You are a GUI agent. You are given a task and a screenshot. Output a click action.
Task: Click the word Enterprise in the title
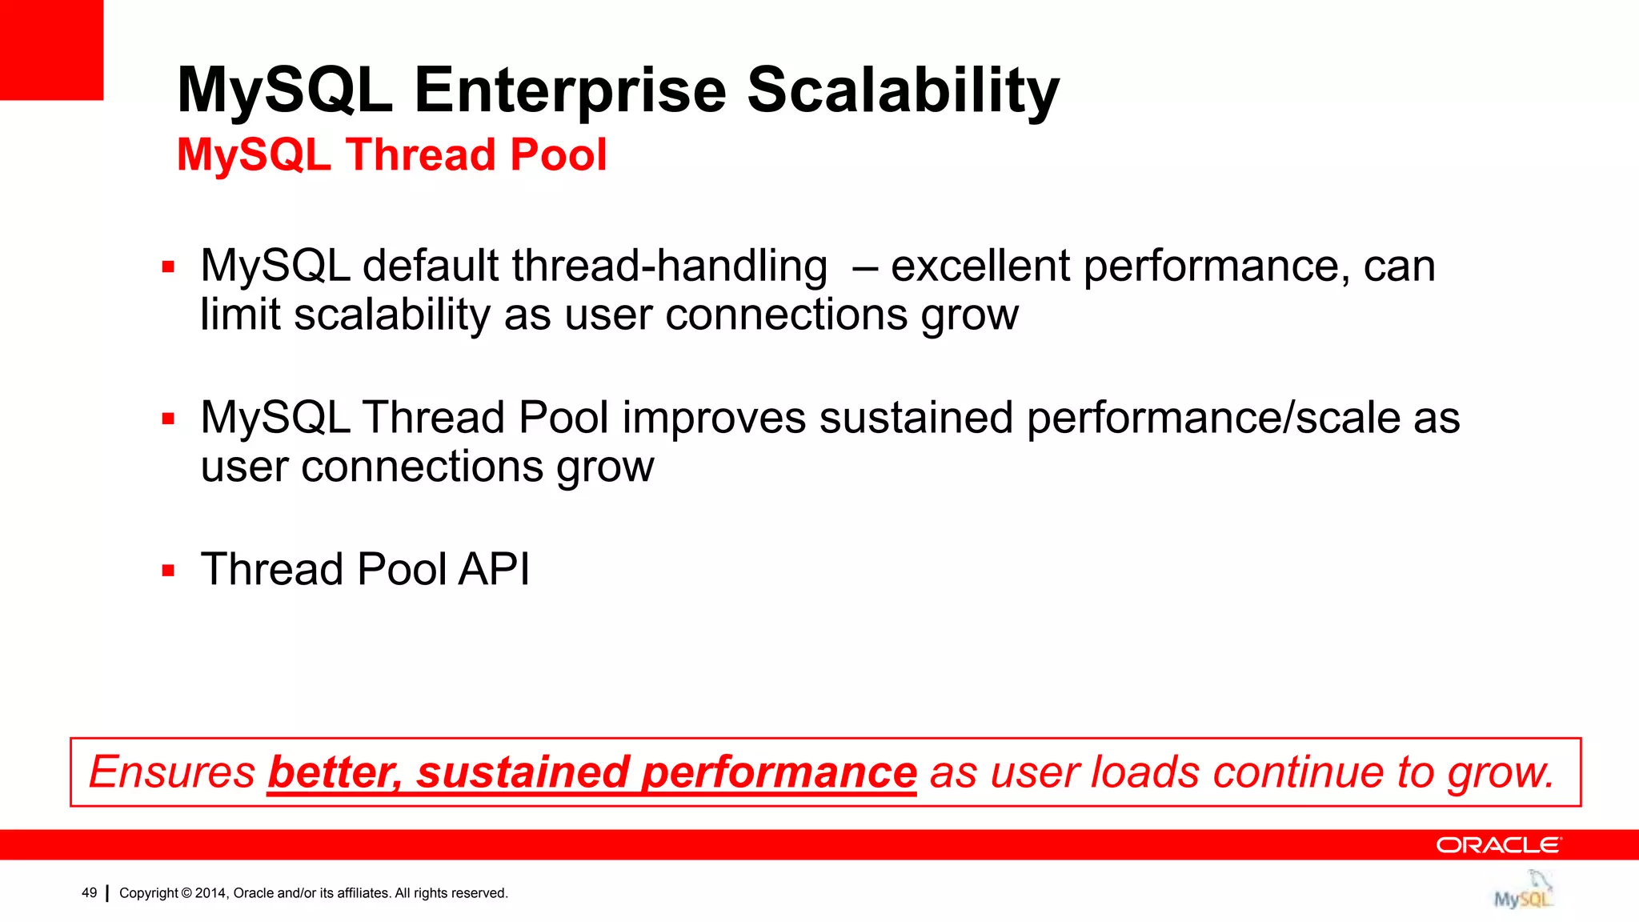pos(570,90)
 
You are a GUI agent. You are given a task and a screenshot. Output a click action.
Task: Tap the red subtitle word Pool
pos(558,154)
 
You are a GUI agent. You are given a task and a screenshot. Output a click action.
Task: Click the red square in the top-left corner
pos(51,50)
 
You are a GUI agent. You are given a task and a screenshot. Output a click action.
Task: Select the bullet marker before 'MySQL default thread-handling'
pos(168,267)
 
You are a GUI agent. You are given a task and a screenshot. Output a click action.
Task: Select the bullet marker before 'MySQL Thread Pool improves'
pos(168,419)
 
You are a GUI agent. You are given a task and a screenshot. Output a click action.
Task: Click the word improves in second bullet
pos(714,419)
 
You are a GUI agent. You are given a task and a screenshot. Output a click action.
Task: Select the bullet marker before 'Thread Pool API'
pos(168,571)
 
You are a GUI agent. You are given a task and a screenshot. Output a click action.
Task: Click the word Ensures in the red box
pos(171,772)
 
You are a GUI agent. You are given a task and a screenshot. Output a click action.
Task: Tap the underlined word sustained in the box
pos(523,772)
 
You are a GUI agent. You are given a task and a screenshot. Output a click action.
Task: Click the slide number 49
pos(90,893)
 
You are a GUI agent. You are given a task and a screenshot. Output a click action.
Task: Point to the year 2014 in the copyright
pos(210,893)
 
